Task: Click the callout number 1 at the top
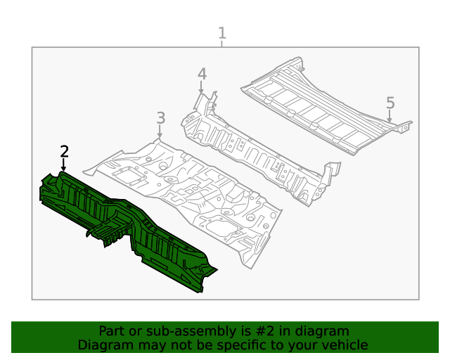[x=222, y=32]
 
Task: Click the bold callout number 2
[x=64, y=151]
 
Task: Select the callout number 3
[x=160, y=117]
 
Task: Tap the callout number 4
[x=202, y=74]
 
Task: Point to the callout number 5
[x=390, y=103]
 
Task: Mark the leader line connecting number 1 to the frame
[x=222, y=44]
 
